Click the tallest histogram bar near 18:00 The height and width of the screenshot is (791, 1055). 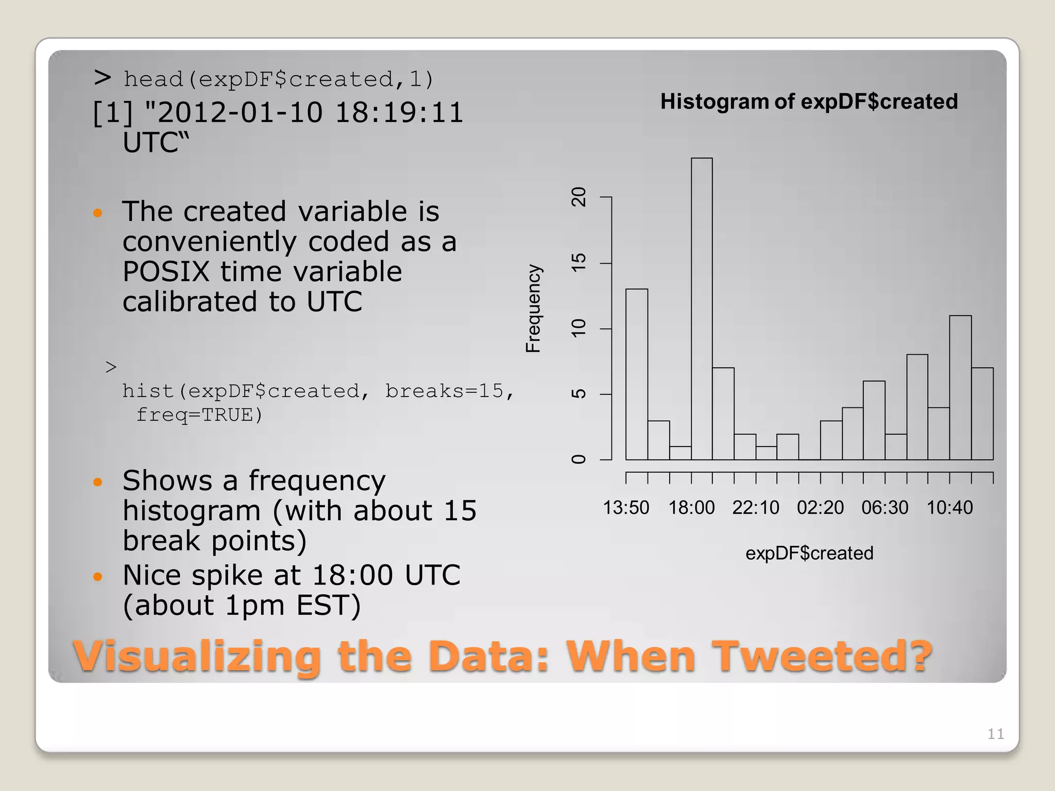point(702,309)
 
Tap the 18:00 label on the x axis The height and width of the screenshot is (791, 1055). point(691,508)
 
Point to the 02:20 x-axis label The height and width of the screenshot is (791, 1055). point(820,508)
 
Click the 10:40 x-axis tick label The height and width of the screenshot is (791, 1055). point(949,508)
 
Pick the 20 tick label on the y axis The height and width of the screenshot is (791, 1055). point(579,197)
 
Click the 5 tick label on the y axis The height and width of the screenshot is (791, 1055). point(579,394)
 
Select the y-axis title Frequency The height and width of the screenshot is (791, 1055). point(533,308)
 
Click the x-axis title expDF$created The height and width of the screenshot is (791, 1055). point(809,553)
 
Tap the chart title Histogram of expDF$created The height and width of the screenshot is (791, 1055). point(809,101)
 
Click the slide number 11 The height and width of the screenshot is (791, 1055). point(995,734)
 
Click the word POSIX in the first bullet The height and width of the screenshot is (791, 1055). point(166,271)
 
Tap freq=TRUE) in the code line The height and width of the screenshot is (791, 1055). point(199,415)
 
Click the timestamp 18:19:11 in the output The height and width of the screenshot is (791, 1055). point(399,113)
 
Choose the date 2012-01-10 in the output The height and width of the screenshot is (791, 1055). point(240,113)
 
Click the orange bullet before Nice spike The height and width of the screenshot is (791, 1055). point(98,576)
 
